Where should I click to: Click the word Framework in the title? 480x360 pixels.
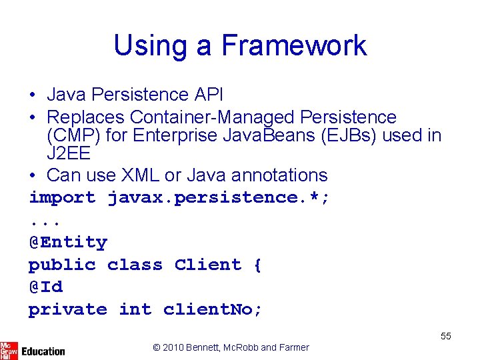point(293,45)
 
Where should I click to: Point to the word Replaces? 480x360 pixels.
point(86,117)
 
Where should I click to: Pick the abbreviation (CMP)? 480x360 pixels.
point(69,135)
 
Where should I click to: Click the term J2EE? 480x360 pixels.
point(68,153)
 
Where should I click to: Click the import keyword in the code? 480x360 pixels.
point(62,197)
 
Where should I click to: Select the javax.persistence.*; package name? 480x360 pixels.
point(219,197)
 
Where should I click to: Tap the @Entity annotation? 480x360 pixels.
point(67,242)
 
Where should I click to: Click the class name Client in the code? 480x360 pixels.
point(208,265)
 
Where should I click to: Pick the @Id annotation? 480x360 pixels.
point(45,287)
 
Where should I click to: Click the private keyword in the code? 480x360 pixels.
point(67,309)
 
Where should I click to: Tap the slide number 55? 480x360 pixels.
point(445,336)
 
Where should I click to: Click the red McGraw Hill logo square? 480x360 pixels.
point(9,350)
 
